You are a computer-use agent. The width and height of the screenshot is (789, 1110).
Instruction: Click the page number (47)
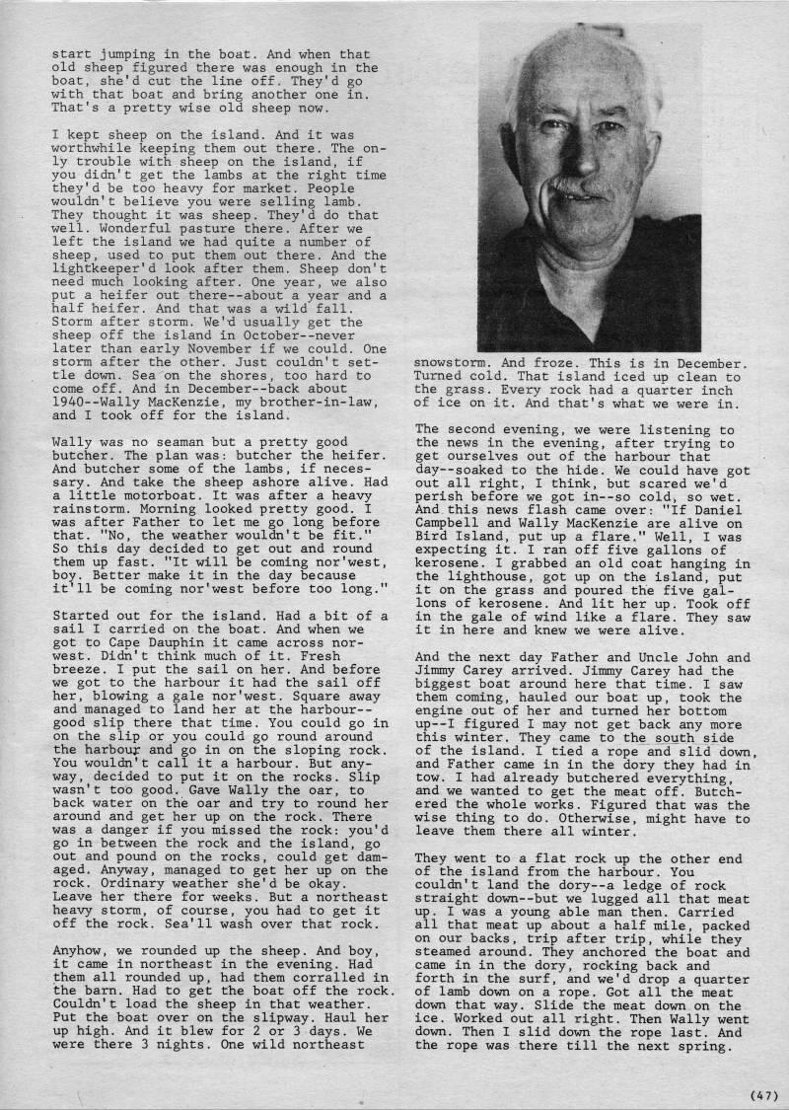762,1093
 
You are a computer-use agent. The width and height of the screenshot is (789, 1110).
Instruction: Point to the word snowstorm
452,363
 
